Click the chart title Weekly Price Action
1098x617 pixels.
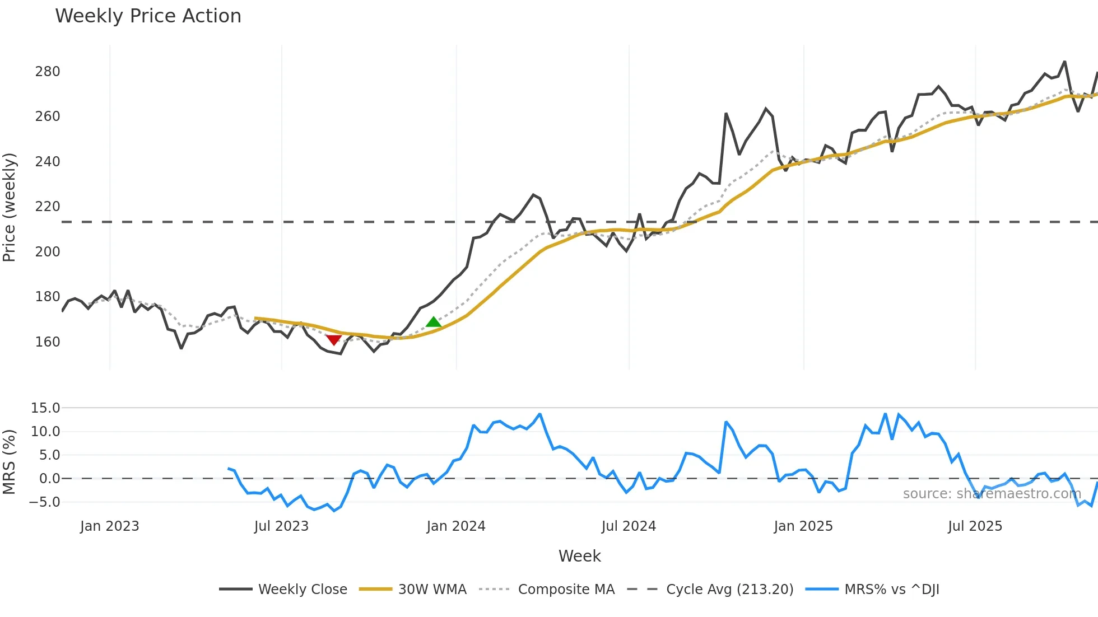pyautogui.click(x=148, y=16)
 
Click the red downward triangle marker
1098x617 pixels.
pyautogui.click(x=334, y=340)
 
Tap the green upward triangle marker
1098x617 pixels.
pyautogui.click(x=434, y=322)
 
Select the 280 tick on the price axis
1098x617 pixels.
pyautogui.click(x=48, y=72)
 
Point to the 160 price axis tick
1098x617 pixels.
pyautogui.click(x=48, y=342)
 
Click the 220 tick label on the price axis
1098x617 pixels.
pyautogui.click(x=48, y=207)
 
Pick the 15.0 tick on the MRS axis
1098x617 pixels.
pyautogui.click(x=45, y=408)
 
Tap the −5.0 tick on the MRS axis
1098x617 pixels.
pyautogui.click(x=44, y=502)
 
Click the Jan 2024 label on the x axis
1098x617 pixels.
pyautogui.click(x=455, y=526)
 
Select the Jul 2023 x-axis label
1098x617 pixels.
pyautogui.click(x=281, y=526)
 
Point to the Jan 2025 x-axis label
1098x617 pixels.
pyautogui.click(x=803, y=526)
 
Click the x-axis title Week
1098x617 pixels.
pyautogui.click(x=579, y=556)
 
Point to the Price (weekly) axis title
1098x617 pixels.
pyautogui.click(x=10, y=207)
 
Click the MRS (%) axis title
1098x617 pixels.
pyautogui.click(x=10, y=462)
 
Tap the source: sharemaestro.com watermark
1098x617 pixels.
pyautogui.click(x=992, y=494)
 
